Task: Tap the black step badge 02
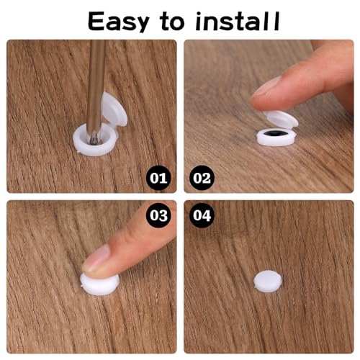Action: point(202,176)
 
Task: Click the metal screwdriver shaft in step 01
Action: point(95,79)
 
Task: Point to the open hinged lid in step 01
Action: point(112,108)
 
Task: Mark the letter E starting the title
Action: point(97,21)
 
